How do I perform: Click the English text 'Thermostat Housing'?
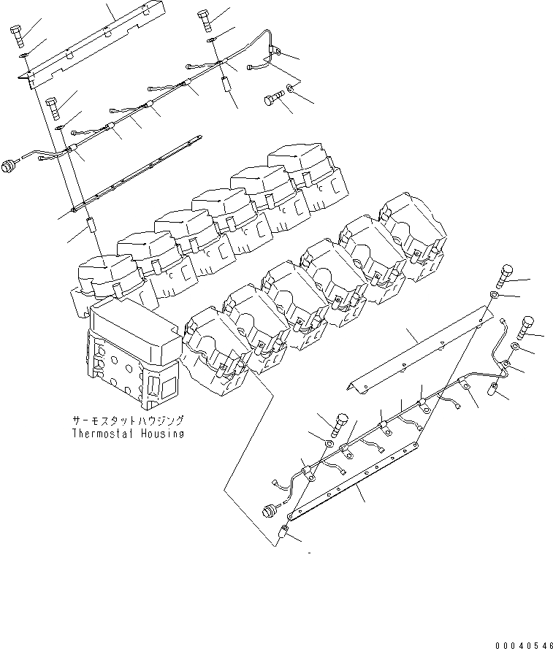128,433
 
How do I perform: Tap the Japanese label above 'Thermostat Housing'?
128,421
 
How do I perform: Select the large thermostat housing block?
131,354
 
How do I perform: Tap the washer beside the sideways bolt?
291,89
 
